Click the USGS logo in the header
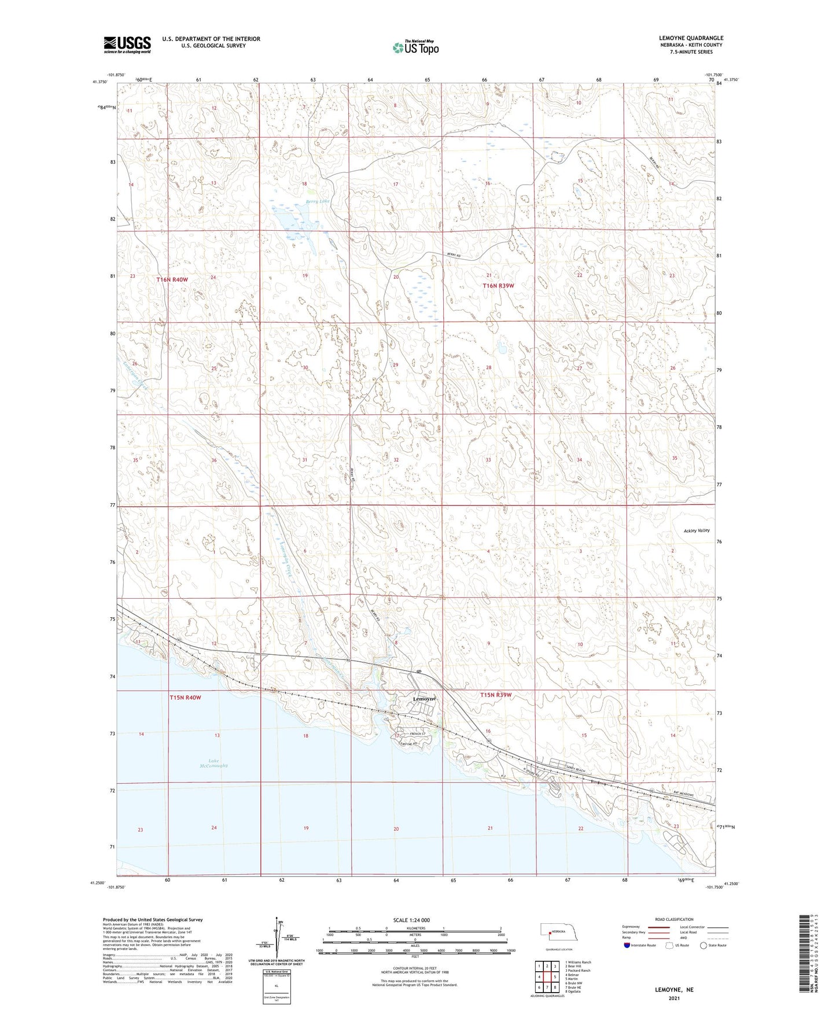[x=127, y=45]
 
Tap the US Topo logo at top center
[x=415, y=47]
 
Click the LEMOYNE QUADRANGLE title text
[x=691, y=38]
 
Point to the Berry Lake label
[x=317, y=201]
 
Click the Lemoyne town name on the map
[x=425, y=699]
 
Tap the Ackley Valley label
[x=696, y=530]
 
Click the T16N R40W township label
[x=172, y=280]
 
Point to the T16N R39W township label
[x=498, y=286]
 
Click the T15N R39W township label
[x=496, y=695]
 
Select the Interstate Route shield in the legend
[x=627, y=945]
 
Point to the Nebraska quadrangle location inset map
[x=559, y=934]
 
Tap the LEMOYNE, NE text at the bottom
[x=674, y=990]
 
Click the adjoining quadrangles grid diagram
[x=546, y=977]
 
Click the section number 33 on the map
[x=488, y=460]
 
